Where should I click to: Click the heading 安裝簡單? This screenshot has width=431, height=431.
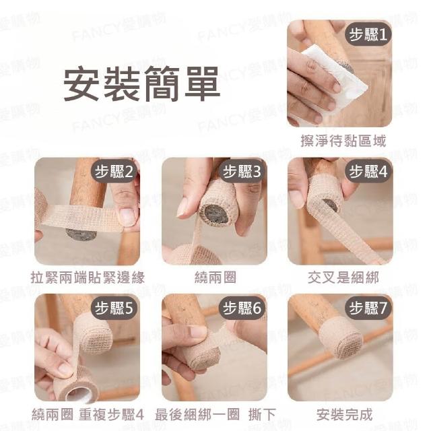point(142,84)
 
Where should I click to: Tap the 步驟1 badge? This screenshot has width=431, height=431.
point(368,34)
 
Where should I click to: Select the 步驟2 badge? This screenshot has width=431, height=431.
point(114,172)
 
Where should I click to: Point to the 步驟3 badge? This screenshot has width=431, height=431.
point(242,172)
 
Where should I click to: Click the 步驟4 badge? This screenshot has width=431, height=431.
point(368,172)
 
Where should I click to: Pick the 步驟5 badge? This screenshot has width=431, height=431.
point(114,308)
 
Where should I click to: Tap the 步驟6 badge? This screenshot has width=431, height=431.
point(242,308)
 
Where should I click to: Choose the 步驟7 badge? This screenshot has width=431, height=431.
point(368,308)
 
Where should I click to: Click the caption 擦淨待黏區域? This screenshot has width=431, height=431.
point(343,141)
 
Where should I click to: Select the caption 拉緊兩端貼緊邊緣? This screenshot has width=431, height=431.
point(88,277)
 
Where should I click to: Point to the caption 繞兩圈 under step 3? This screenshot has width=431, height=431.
point(215,277)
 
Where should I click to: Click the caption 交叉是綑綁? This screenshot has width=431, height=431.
point(343,277)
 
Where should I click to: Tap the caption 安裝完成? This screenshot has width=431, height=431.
point(344,415)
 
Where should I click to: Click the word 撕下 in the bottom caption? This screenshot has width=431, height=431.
point(262,415)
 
